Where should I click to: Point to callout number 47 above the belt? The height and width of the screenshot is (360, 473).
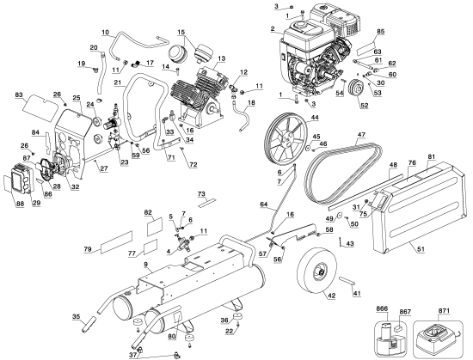pos(360,135)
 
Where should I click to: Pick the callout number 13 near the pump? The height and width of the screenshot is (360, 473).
pos(221,59)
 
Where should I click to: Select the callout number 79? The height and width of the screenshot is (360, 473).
pos(87,249)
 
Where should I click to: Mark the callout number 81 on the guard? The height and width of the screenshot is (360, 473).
pos(432,156)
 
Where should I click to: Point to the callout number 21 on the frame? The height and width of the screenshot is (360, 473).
pos(117,82)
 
